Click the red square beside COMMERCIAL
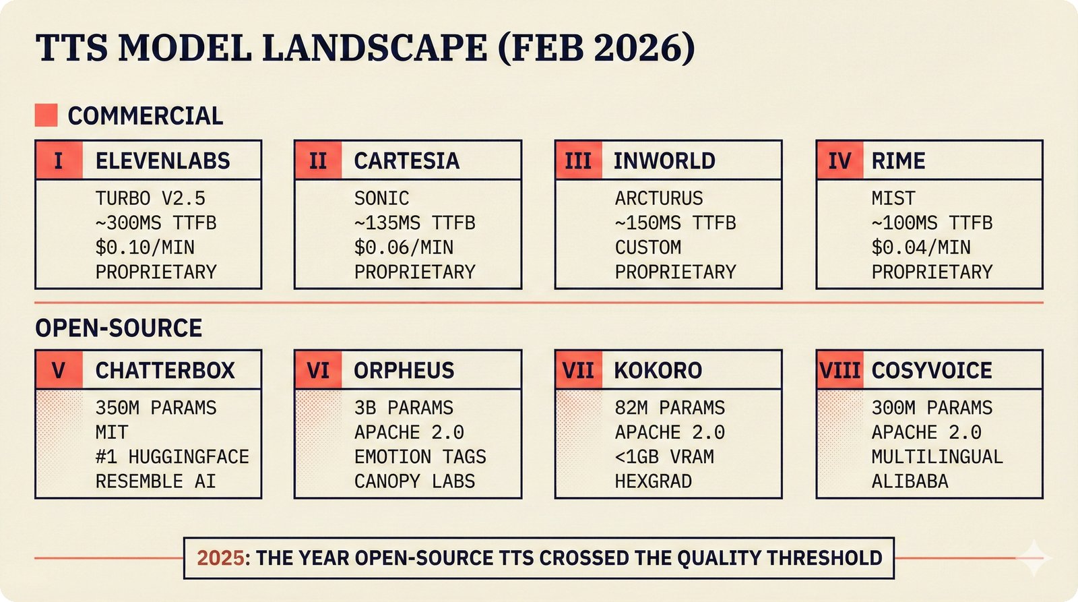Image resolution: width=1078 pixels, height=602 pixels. pyautogui.click(x=46, y=115)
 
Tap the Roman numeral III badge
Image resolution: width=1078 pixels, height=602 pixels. pyautogui.click(x=578, y=160)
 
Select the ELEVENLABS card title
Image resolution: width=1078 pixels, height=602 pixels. pyautogui.click(x=162, y=160)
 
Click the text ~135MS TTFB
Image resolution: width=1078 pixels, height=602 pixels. pyautogui.click(x=414, y=222)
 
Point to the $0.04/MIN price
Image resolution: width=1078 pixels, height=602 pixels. pyautogui.click(x=920, y=247)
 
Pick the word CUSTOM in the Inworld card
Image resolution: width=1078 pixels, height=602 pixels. pyautogui.click(x=647, y=247)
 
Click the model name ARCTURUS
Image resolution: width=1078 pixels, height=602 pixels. pyautogui.click(x=658, y=198)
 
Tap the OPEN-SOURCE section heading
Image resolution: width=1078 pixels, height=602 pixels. pyautogui.click(x=119, y=328)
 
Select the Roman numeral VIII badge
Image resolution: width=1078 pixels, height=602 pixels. pyautogui.click(x=839, y=370)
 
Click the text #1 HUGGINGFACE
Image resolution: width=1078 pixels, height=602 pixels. pyautogui.click(x=172, y=456)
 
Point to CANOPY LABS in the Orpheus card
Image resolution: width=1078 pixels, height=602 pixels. pyautogui.click(x=414, y=481)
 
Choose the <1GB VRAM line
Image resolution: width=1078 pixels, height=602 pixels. pyautogui.click(x=664, y=456)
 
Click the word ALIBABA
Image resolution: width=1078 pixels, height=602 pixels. pyautogui.click(x=910, y=481)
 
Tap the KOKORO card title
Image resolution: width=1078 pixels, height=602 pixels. pyautogui.click(x=658, y=370)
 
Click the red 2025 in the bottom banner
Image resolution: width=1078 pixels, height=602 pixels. pyautogui.click(x=220, y=558)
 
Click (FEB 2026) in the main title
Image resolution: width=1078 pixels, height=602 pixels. pyautogui.click(x=596, y=48)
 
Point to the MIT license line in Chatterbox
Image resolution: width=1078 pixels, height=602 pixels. pyautogui.click(x=112, y=432)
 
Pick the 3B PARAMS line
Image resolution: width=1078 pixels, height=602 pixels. pyautogui.click(x=404, y=408)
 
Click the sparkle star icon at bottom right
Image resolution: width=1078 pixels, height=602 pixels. pyautogui.click(x=1034, y=558)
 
